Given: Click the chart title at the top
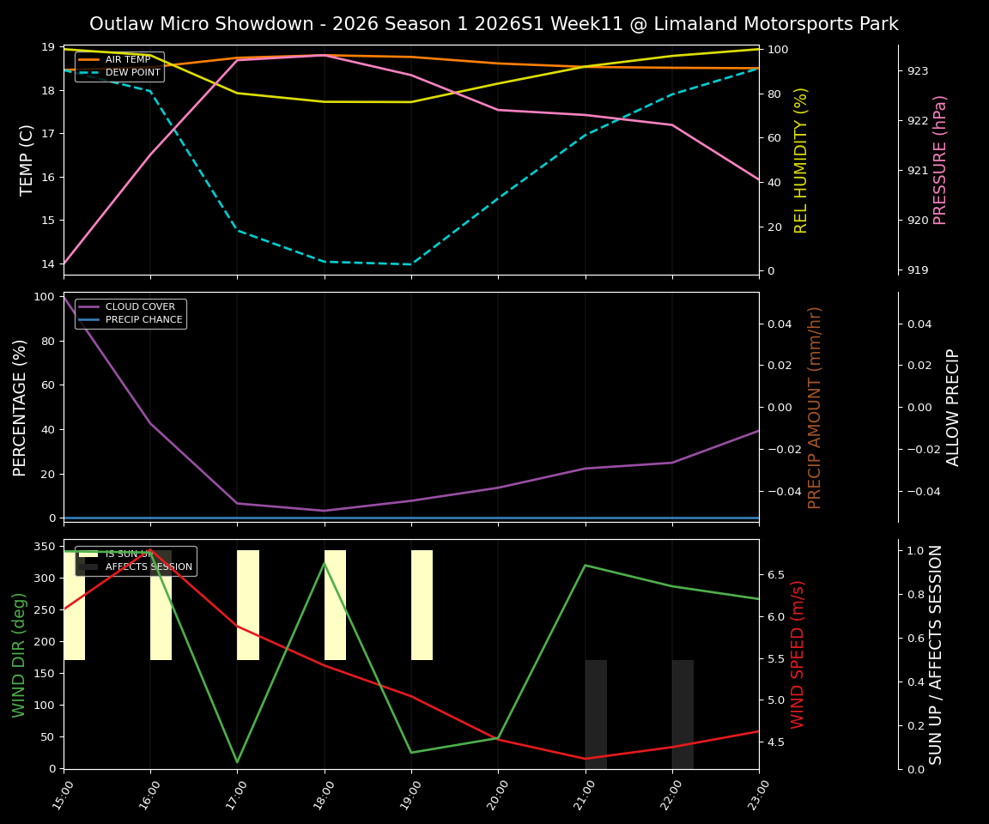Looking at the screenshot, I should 494,24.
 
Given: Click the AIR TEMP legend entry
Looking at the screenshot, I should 128,60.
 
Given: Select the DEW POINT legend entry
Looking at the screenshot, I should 132,73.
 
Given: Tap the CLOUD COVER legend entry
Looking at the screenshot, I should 142,307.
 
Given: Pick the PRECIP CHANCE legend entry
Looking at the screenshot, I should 143,320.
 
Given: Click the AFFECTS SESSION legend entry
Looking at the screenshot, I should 149,567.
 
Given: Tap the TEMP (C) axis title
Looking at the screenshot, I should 27,160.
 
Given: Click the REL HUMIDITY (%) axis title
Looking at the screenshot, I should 801,160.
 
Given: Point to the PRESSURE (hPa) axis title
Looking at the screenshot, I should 940,160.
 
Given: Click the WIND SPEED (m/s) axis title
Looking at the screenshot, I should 798,654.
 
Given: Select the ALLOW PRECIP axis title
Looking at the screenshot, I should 953,407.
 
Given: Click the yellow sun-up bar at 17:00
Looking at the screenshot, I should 248,605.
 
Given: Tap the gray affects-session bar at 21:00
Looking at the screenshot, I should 596,714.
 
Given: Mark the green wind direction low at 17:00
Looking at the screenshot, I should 238,761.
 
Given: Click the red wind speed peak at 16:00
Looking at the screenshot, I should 151,550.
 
